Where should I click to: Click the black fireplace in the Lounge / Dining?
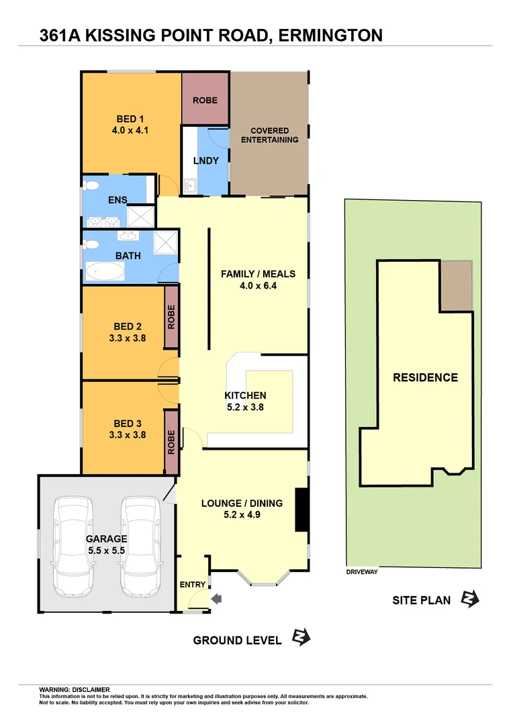coord(302,510)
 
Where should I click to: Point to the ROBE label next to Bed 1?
coord(205,100)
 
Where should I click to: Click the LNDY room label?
coord(205,160)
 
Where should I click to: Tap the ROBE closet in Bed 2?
coord(171,317)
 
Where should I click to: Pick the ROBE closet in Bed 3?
coord(171,442)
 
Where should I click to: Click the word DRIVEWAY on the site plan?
coord(363,572)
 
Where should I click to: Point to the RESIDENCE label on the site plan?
coord(425,377)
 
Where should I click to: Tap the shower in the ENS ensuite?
coord(141,216)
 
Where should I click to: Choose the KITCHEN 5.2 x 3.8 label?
coord(245,401)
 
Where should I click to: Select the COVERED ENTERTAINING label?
coord(269,135)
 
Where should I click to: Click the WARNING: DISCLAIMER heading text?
coord(75,689)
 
